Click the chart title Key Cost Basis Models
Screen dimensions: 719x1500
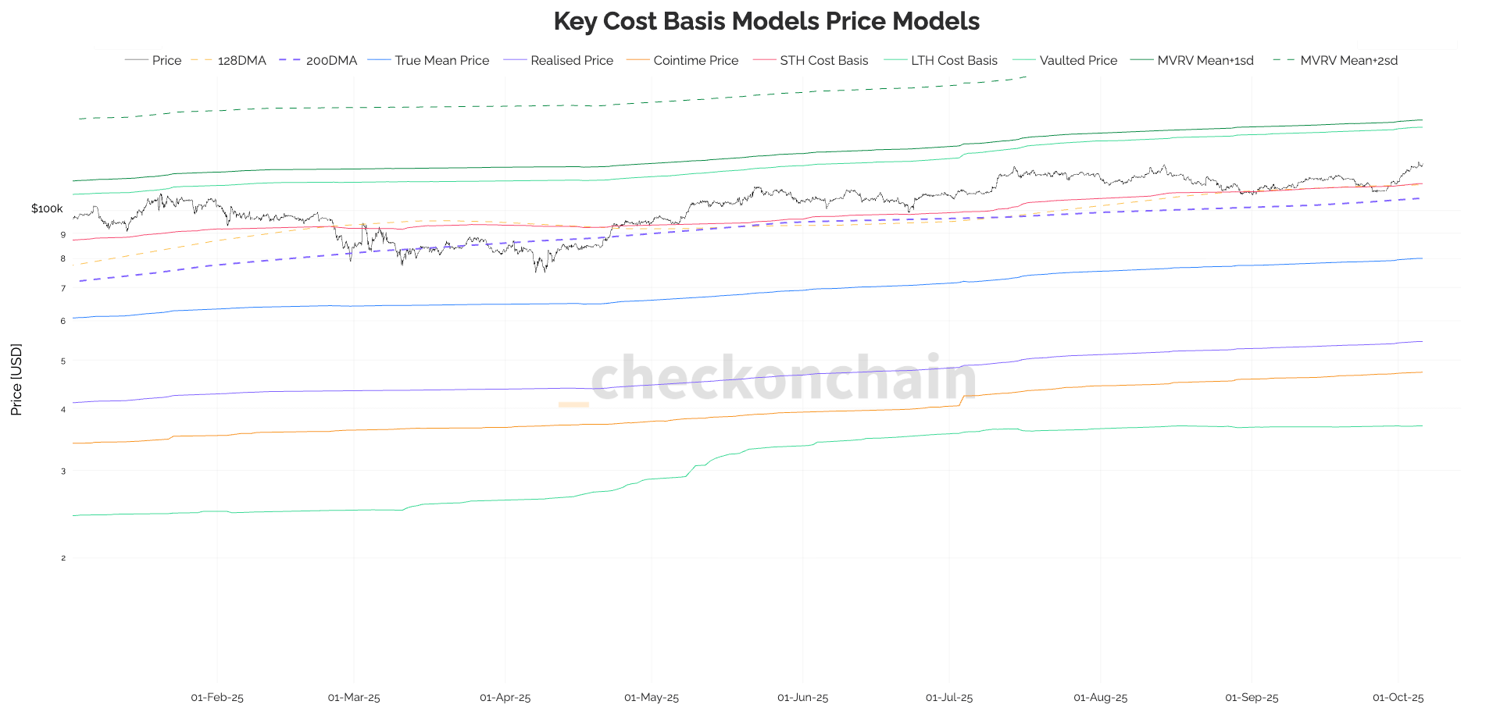coord(766,21)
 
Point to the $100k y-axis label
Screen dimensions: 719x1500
coord(47,208)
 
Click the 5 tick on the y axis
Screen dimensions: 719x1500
coord(63,361)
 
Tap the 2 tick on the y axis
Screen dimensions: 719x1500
coord(63,558)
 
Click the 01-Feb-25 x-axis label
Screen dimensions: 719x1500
coord(217,697)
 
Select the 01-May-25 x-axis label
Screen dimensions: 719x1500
coord(652,697)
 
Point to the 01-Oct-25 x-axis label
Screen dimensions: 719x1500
coord(1398,697)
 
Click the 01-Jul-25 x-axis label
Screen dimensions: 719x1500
coord(949,697)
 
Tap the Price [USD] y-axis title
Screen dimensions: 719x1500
coord(16,379)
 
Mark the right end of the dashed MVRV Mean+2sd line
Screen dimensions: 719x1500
coord(1026,77)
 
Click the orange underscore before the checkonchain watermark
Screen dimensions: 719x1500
coord(573,404)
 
